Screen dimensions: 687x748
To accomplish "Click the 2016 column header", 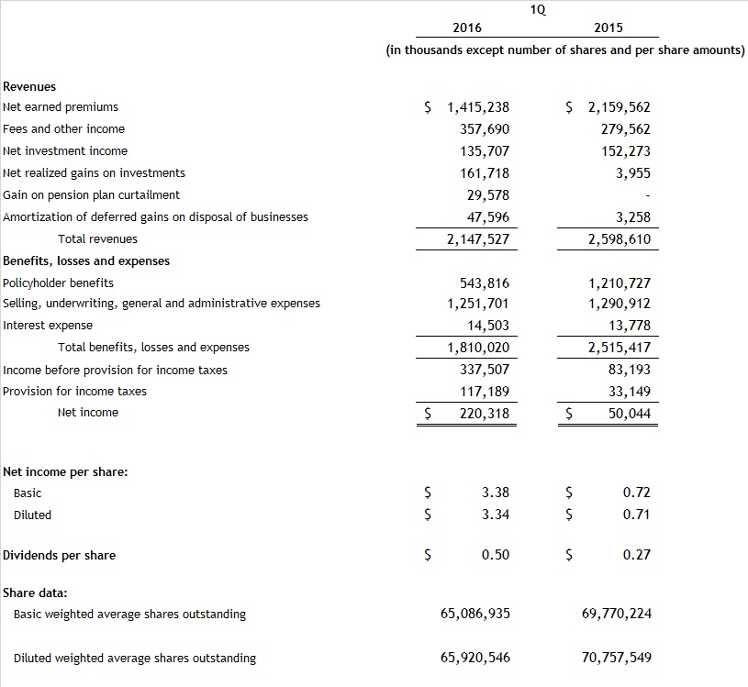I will [467, 28].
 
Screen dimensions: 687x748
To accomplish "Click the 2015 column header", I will [608, 28].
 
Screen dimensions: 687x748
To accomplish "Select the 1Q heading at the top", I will [538, 10].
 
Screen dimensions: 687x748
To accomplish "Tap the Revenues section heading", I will [29, 86].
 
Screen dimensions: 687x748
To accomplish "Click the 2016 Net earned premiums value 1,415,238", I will [477, 107].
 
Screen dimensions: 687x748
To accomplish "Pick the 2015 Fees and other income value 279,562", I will [625, 129].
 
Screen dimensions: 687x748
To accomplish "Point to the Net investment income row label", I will [65, 151].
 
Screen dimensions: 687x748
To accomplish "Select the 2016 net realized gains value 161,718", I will [484, 173].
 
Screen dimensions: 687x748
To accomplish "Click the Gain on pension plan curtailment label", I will [91, 195].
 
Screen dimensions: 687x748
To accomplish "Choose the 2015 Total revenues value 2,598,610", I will [620, 239].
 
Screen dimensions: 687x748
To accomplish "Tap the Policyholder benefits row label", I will [59, 283].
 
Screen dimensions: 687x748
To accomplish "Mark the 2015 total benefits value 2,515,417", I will [620, 348].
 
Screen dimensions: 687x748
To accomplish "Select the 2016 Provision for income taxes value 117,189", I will [484, 392].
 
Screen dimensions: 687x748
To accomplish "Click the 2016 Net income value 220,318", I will [484, 414].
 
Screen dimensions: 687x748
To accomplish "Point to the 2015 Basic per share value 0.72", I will [636, 493].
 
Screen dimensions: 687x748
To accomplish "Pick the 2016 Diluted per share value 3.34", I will [496, 515].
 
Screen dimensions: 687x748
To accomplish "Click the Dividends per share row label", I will [60, 555].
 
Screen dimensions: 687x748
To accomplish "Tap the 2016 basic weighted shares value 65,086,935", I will [475, 614].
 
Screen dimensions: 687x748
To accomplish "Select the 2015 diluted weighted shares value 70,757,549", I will [617, 658].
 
